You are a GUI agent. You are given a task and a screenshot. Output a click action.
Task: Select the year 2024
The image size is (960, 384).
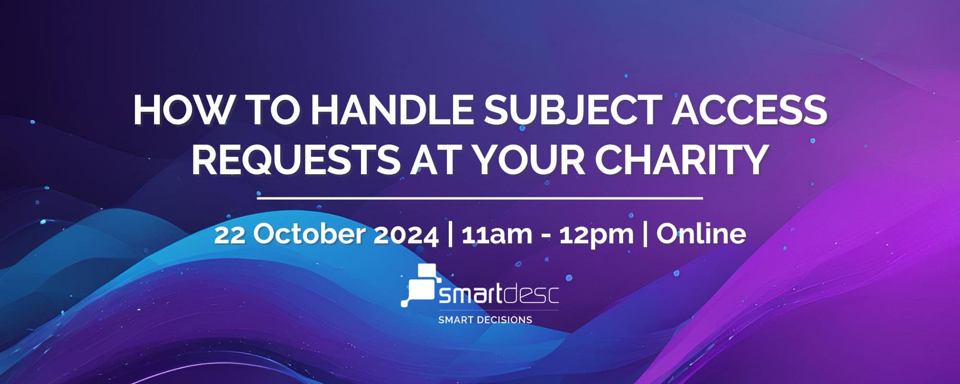coord(406,234)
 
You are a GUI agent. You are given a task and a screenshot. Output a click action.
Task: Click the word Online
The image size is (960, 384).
coord(701,234)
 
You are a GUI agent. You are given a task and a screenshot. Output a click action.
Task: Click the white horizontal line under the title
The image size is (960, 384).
coord(480,197)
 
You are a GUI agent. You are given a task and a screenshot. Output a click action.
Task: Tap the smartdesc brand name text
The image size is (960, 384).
coord(499,295)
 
